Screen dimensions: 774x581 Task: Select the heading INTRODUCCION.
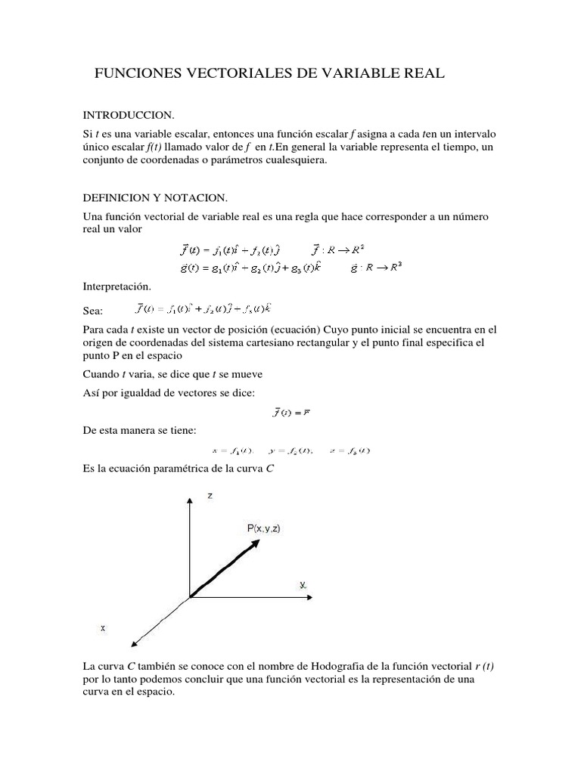tap(128, 115)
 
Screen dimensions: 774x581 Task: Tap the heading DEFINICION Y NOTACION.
tap(155, 198)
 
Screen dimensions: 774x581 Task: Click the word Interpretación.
tap(117, 286)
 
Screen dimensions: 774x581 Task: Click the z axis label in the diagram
tap(210, 495)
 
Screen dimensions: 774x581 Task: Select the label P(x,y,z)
tap(264, 529)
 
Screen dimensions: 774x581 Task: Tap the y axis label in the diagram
tap(303, 585)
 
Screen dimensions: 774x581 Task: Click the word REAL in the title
tap(419, 73)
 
